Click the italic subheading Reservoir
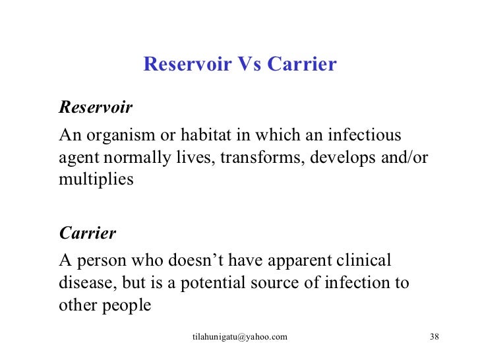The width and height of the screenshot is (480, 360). point(96,107)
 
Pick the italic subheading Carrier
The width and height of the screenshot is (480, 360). point(88,233)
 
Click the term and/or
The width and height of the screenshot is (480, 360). point(401,158)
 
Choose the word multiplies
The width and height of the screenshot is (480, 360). point(96,179)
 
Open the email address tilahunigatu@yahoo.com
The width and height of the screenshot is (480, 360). point(240,337)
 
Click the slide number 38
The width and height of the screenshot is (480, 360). point(434,337)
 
